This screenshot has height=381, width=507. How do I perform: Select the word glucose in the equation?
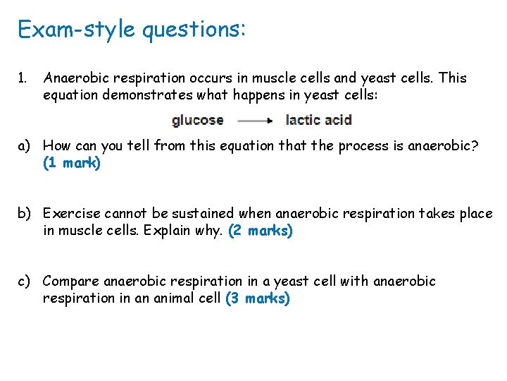(197, 120)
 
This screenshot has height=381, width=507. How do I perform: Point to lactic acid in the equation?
(318, 120)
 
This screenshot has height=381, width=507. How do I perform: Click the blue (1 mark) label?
(72, 163)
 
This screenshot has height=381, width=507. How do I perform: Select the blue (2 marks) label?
(261, 231)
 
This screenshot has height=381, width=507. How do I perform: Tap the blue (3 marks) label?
(258, 298)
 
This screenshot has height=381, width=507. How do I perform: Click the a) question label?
(25, 146)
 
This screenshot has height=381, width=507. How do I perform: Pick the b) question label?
(25, 214)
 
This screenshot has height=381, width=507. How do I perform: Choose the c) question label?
(25, 282)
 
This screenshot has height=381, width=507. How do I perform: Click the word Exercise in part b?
(68, 214)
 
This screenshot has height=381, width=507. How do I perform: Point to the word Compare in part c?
(70, 282)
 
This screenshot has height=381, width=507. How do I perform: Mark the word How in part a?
(56, 146)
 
